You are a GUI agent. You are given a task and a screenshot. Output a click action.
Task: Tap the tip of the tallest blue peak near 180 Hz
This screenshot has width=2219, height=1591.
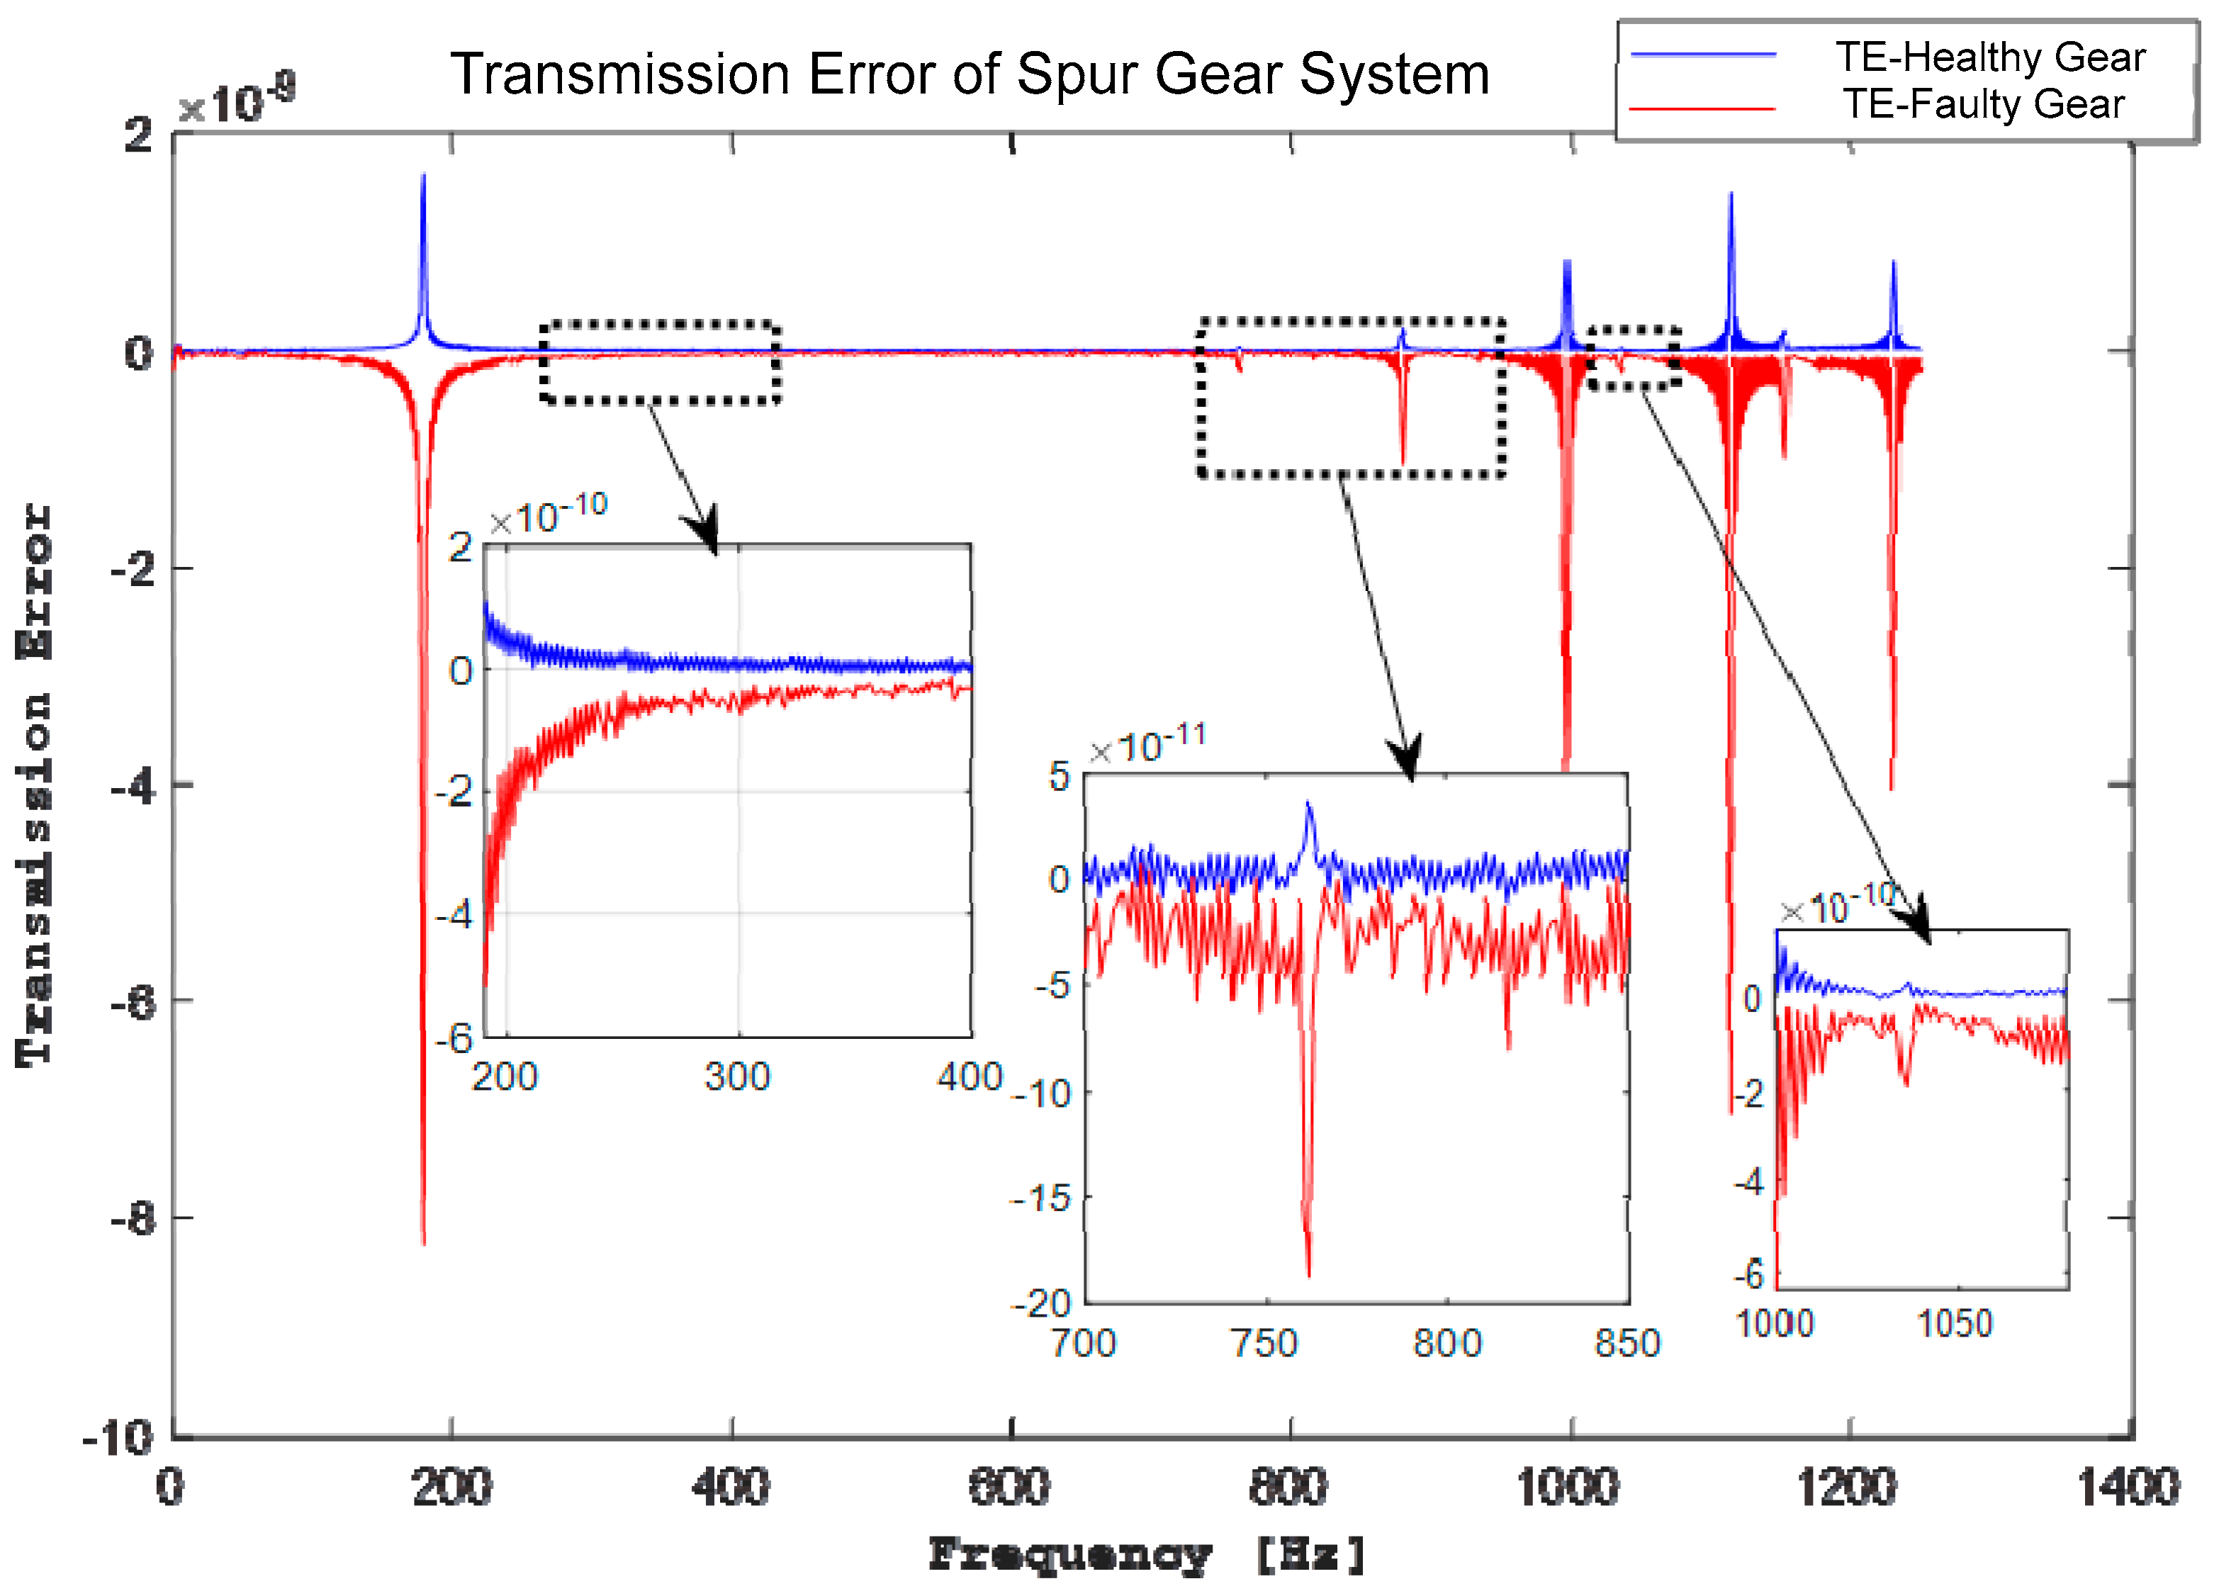coord(424,176)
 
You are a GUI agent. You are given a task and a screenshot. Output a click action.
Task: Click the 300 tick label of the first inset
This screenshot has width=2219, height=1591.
coord(738,1077)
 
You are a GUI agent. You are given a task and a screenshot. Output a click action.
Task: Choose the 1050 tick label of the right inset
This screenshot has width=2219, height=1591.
coord(1954,1324)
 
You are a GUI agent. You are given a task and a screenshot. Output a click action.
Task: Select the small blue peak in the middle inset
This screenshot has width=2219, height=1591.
coord(1308,804)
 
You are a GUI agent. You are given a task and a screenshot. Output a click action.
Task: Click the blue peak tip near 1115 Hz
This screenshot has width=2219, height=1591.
coord(1731,193)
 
